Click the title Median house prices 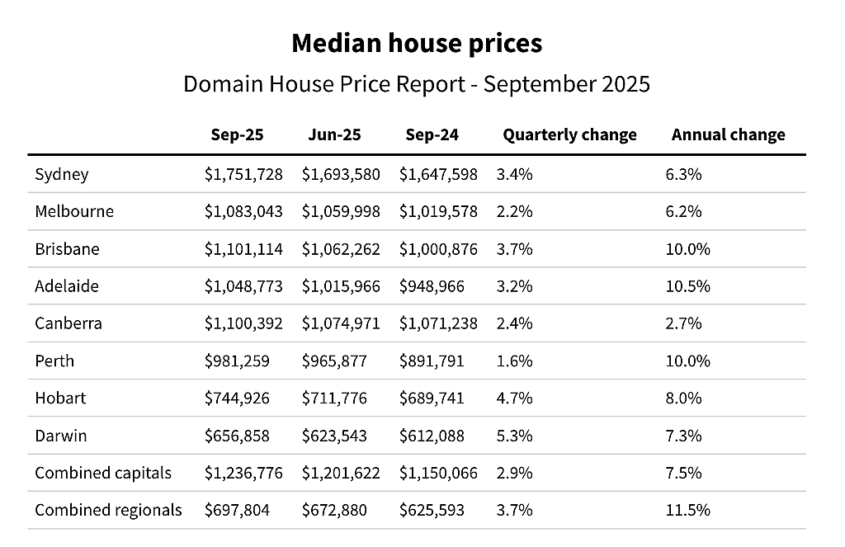(417, 43)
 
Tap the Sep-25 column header (237, 134)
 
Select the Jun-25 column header (335, 134)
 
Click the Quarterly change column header (569, 134)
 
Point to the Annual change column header (728, 134)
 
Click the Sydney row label (61, 175)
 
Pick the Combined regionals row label (108, 511)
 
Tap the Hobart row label (60, 398)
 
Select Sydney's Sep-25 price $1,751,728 (243, 175)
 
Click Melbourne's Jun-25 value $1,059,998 (341, 211)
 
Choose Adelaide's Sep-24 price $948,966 (432, 286)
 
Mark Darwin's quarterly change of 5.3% (515, 436)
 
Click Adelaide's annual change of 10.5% (687, 286)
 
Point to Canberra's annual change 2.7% (683, 323)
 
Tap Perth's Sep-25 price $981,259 (237, 361)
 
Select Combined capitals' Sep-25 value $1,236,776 (243, 474)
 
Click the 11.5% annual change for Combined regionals (687, 511)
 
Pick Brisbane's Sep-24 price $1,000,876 (438, 249)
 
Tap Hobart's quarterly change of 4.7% (515, 398)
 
